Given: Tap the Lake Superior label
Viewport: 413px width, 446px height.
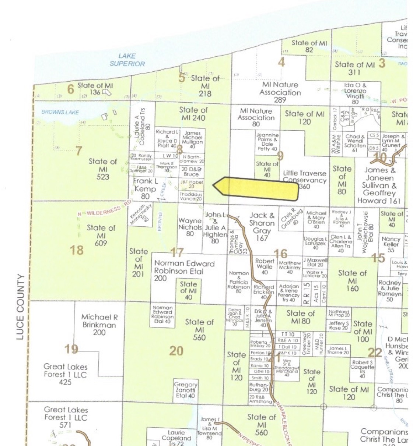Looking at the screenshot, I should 127,60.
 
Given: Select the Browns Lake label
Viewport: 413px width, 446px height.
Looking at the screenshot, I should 60,112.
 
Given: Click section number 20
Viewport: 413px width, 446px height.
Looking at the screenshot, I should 176,351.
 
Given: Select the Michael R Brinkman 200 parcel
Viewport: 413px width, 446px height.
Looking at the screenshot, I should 99,324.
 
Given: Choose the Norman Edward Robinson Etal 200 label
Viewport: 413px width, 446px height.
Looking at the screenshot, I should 184,270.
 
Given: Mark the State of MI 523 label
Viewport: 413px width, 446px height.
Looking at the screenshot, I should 103,169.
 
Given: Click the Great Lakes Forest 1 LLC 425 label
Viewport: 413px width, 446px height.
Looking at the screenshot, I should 65,374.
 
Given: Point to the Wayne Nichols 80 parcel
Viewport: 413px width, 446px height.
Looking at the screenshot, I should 190,227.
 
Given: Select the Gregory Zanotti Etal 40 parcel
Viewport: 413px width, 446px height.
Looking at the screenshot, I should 186,390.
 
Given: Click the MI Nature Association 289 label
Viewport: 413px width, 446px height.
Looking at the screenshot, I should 280,92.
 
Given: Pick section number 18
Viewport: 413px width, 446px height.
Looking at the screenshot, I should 77,250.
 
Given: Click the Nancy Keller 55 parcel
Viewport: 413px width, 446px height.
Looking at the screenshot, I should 391,244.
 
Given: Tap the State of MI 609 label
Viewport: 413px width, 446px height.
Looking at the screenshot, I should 101,235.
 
